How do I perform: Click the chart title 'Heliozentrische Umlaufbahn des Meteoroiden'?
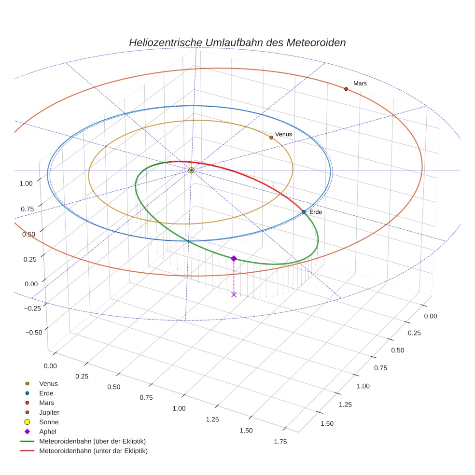coord(237,42)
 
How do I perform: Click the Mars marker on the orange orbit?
coord(346,89)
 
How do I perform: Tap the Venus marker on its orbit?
coord(271,138)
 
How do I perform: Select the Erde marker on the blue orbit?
coord(303,212)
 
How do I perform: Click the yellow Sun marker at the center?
coord(191,170)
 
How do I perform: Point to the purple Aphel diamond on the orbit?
coord(234,258)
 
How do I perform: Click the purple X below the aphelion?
coord(234,294)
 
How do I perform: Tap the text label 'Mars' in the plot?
coord(360,84)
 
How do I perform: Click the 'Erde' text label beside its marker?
coord(315,212)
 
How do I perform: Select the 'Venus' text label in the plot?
coord(283,134)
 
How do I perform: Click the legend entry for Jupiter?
coord(49,412)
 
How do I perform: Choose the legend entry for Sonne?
coord(49,422)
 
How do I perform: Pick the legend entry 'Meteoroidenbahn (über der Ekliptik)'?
coord(92,441)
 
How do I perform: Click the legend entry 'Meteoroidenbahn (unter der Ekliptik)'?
coord(93,451)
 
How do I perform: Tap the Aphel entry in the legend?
coord(48,432)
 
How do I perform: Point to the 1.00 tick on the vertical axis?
coord(26,183)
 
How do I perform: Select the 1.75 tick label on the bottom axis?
coord(280,442)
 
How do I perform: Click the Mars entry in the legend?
coord(46,403)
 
